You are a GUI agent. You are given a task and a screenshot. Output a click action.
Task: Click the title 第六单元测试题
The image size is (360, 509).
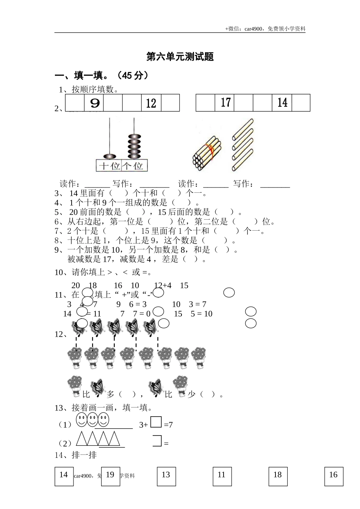pyautogui.click(x=180, y=57)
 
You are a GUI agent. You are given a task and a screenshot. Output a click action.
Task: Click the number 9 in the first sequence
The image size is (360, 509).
pyautogui.click(x=94, y=103)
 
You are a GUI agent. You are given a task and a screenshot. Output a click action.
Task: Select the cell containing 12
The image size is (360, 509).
pyautogui.click(x=151, y=103)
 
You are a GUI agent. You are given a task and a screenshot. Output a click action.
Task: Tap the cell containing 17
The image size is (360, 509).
pyautogui.click(x=225, y=103)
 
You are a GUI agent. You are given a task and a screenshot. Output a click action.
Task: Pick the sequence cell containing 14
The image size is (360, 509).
pyautogui.click(x=282, y=103)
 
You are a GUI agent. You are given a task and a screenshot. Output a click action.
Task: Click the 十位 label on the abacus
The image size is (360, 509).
pyautogui.click(x=110, y=166)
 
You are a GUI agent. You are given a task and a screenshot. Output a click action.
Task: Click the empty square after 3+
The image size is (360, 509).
pyautogui.click(x=156, y=422)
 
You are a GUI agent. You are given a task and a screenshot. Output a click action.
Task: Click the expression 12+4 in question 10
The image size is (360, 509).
pyautogui.click(x=163, y=286)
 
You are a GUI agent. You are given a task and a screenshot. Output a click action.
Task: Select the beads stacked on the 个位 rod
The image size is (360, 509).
pyautogui.click(x=133, y=145)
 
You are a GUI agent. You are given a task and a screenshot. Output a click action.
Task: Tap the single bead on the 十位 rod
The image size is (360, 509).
pyautogui.click(x=110, y=156)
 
